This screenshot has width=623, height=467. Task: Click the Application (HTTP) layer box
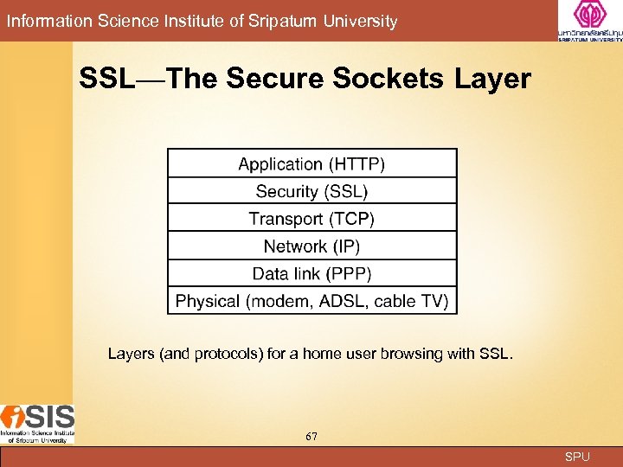point(311,163)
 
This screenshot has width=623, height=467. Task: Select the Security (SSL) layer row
point(311,191)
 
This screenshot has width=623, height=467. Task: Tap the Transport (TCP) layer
point(311,219)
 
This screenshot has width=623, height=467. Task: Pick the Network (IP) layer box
point(311,246)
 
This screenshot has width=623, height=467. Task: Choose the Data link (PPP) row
point(311,274)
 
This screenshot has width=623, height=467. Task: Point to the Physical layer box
point(311,301)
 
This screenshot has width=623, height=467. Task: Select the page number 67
point(311,436)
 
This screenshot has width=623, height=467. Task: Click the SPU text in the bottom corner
point(577,457)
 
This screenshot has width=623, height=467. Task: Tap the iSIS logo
point(37,424)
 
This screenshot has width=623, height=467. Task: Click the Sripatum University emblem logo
point(590,19)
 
